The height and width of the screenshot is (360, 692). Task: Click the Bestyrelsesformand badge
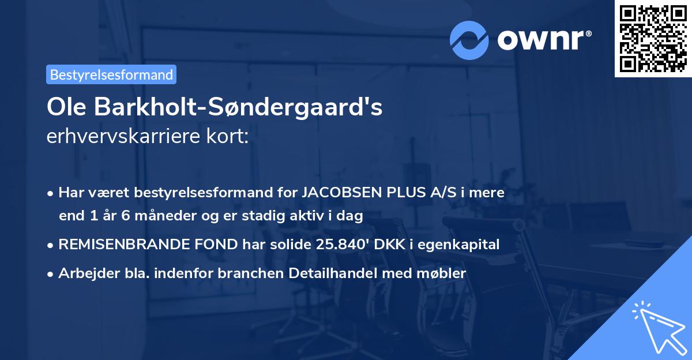[111, 74]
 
